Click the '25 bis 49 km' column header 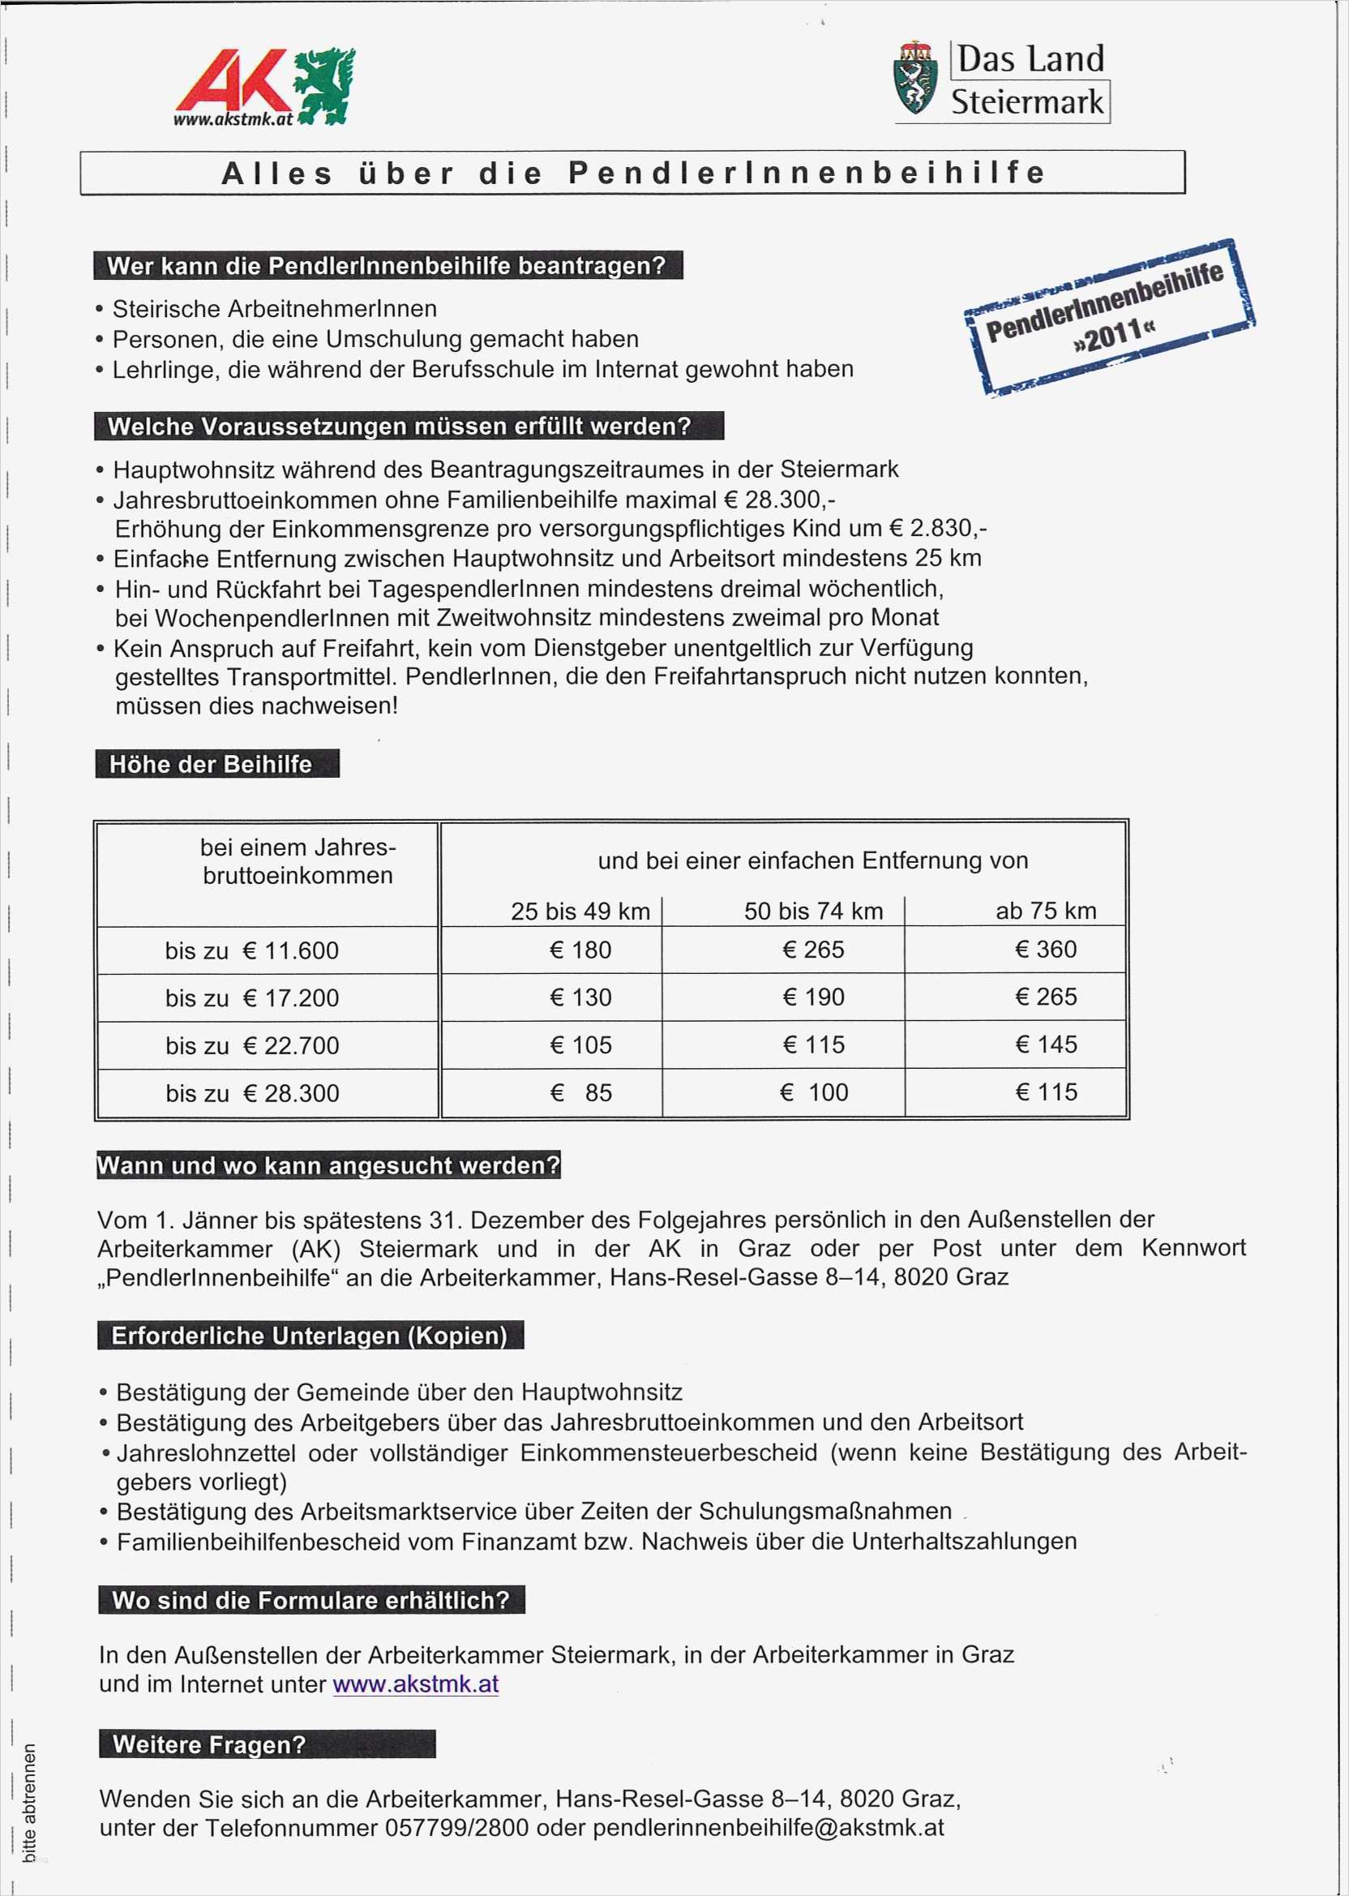pos(580,912)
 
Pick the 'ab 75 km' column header pos(1046,912)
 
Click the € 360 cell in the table pos(1046,950)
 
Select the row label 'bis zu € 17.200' pos(251,997)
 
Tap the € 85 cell pos(580,1092)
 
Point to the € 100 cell pos(814,1092)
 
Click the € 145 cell pos(1046,1045)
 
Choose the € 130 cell pos(580,997)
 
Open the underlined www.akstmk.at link pos(415,1684)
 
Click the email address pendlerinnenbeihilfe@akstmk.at pos(769,1828)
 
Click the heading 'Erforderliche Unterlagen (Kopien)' pos(309,1335)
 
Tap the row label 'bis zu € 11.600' pos(251,950)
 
